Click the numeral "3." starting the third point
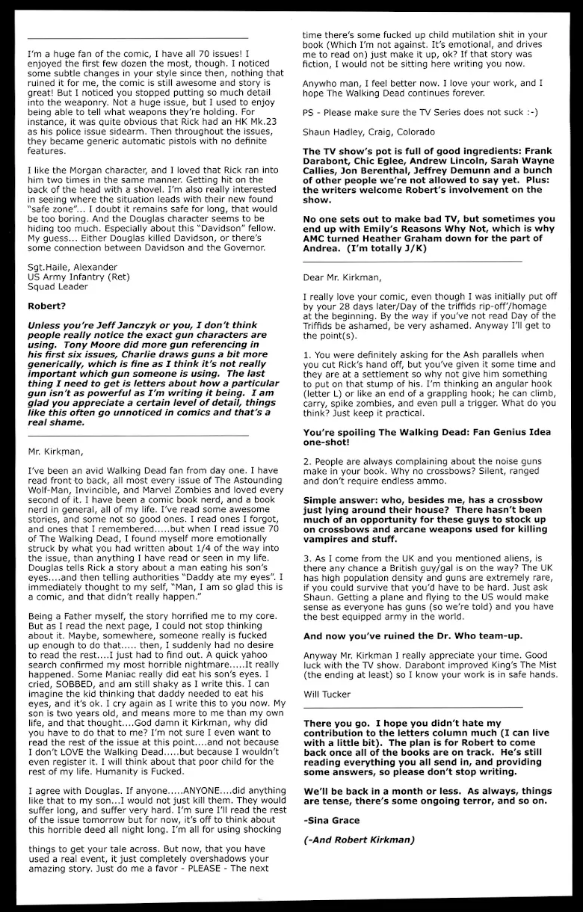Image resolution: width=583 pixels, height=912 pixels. [307, 558]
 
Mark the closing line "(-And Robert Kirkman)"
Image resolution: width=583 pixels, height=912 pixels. [359, 839]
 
